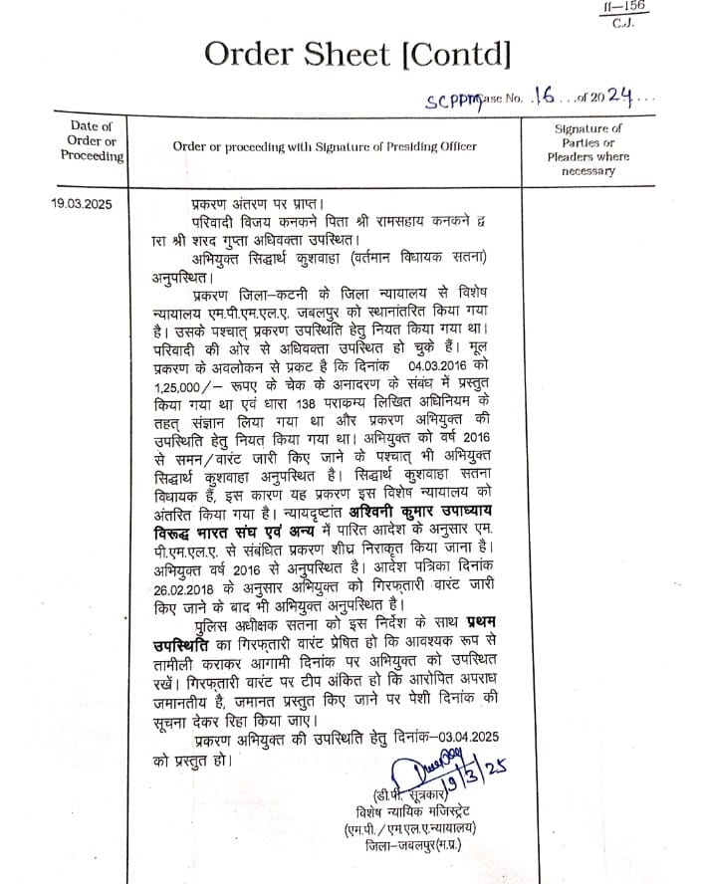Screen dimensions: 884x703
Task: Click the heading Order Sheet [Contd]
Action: pyautogui.click(x=356, y=53)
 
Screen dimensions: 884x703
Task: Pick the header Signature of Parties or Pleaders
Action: pyautogui.click(x=588, y=149)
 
